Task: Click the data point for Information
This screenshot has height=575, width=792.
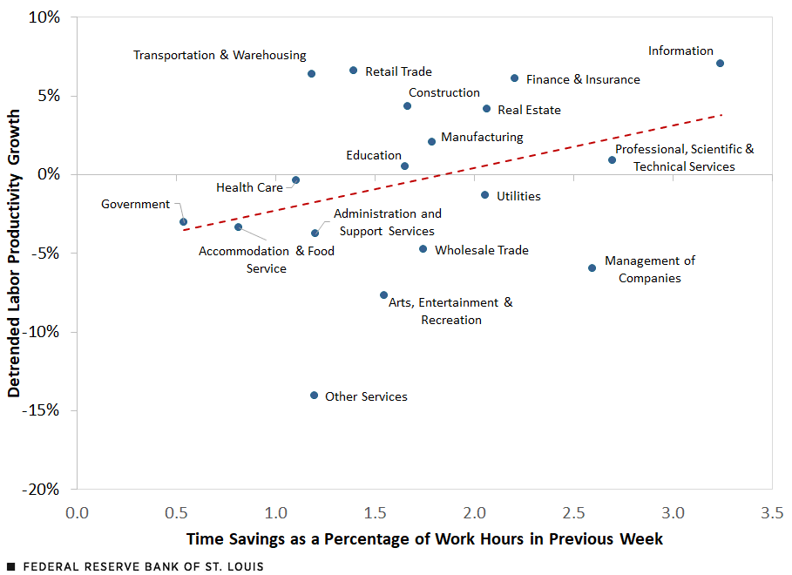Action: (720, 64)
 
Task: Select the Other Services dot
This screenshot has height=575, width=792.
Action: (315, 396)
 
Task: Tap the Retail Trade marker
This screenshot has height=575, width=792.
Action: (353, 71)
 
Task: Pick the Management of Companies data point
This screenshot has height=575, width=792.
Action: (592, 268)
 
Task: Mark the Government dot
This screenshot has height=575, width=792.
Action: (183, 222)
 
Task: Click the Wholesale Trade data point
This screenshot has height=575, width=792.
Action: (423, 249)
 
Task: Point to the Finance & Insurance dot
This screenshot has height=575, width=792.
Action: (514, 78)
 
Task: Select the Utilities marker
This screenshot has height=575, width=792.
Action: (484, 195)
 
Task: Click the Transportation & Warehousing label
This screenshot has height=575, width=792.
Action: (220, 55)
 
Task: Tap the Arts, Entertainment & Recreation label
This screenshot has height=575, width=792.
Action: (450, 311)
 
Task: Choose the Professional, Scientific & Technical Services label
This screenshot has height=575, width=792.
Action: (684, 158)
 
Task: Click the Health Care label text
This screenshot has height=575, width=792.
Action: (249, 187)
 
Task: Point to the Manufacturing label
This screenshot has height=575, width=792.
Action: (482, 137)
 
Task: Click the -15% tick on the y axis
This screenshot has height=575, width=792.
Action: (42, 410)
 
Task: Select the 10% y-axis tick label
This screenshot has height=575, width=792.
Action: (44, 17)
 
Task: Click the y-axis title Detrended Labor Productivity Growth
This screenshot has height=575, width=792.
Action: (14, 253)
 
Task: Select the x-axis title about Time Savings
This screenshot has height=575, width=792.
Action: (423, 539)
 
